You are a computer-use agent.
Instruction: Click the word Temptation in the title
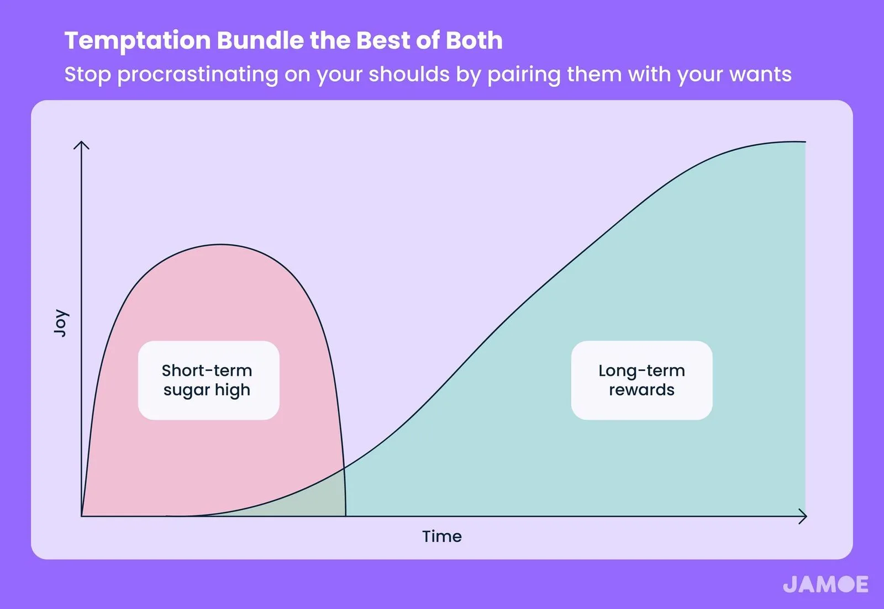coord(138,41)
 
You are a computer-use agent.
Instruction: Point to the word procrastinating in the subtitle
coord(198,75)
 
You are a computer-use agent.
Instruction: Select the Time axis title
coord(442,537)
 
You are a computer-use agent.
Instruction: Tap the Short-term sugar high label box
coord(209,380)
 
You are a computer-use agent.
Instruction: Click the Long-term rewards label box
coord(641,380)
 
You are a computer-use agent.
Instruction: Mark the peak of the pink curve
coord(221,245)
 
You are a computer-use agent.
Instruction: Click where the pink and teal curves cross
coord(344,468)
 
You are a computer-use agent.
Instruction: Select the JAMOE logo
coord(825,584)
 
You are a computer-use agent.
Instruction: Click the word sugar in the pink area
coord(186,390)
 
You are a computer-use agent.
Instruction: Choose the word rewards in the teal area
coord(641,390)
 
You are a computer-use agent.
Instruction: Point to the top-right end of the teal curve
coord(805,141)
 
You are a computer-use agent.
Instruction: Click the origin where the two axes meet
coord(81,516)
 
